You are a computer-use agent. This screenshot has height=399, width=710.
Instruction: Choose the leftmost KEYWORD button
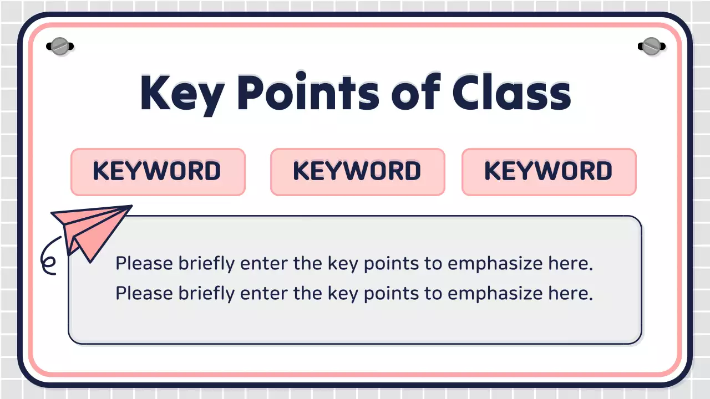pos(158,171)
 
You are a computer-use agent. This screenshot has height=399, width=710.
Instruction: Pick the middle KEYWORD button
pos(357,171)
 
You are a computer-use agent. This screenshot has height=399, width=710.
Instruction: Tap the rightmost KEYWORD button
pos(549,171)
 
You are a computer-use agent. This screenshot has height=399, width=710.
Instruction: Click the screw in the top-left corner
pos(59,47)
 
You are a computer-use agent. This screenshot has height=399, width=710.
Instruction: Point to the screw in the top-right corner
pos(651,47)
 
